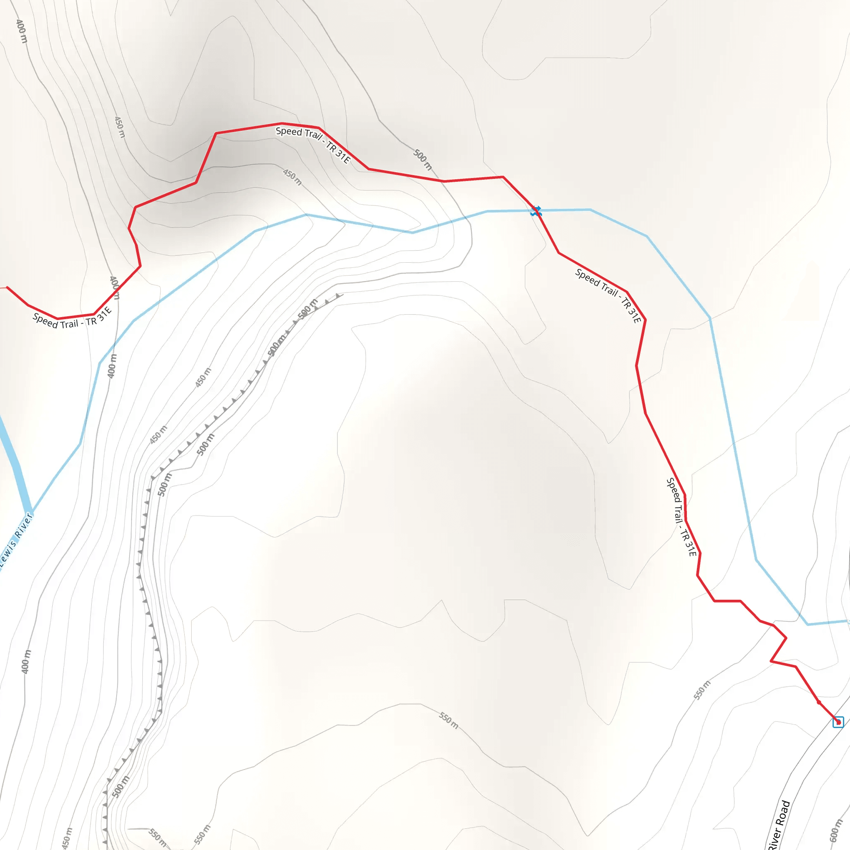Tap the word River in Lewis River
pos(23,525)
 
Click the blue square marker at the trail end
pos(838,722)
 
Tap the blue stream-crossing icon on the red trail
pos(535,211)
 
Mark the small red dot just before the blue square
pos(819,703)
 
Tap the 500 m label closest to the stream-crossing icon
pos(423,159)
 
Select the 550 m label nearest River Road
pos(702,690)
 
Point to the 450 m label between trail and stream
pos(292,177)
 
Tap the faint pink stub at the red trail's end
pos(2,288)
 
